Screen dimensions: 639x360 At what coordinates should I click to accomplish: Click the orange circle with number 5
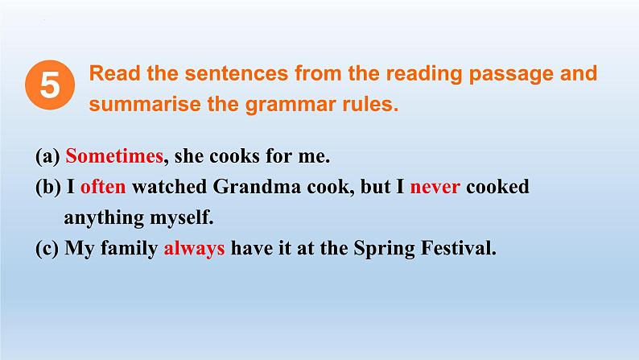click(x=50, y=85)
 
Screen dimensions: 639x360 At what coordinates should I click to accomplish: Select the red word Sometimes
click(x=114, y=155)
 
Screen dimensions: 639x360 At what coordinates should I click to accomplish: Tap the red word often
click(x=103, y=186)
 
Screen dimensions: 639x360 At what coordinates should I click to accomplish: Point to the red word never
click(x=435, y=187)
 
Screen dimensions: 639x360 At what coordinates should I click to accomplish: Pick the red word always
click(x=194, y=249)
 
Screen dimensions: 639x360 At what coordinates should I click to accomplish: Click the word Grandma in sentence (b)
click(x=257, y=186)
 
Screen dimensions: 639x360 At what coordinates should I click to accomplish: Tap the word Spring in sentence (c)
click(x=384, y=249)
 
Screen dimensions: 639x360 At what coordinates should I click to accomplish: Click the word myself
click(x=182, y=217)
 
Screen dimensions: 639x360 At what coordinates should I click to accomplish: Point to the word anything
click(x=104, y=217)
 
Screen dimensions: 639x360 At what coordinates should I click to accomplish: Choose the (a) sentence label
click(x=47, y=156)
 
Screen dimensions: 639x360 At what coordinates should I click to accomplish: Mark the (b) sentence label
click(x=48, y=187)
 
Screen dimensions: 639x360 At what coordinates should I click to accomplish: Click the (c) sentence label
click(x=47, y=248)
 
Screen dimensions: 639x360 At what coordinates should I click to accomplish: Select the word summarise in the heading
click(x=145, y=104)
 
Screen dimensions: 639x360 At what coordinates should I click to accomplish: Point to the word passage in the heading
click(x=511, y=75)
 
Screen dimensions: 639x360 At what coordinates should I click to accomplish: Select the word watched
click(x=169, y=186)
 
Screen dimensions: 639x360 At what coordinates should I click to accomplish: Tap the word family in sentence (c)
click(x=129, y=249)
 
